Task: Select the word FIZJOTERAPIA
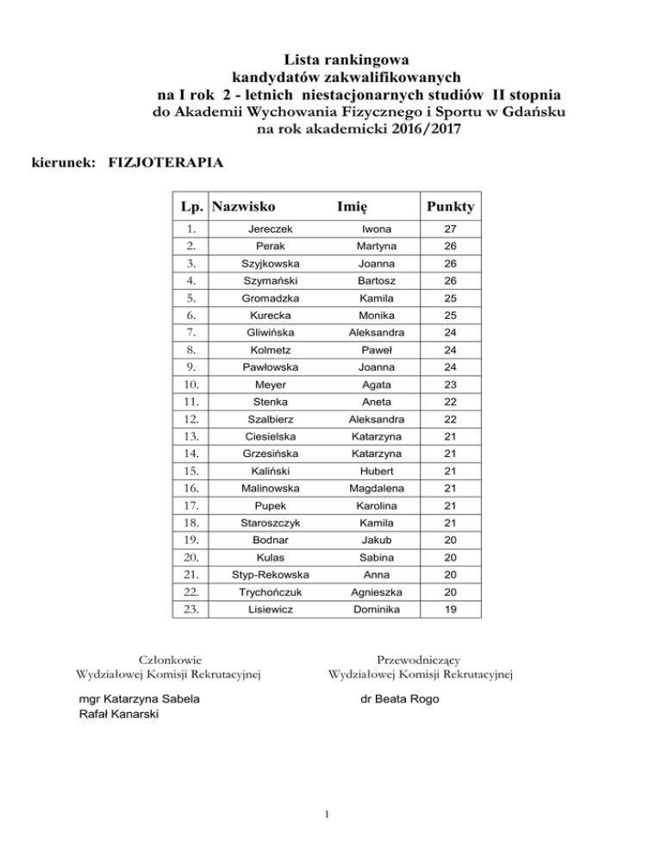click(163, 161)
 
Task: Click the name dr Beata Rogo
click(399, 698)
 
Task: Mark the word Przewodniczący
click(418, 658)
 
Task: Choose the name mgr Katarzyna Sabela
click(139, 698)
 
